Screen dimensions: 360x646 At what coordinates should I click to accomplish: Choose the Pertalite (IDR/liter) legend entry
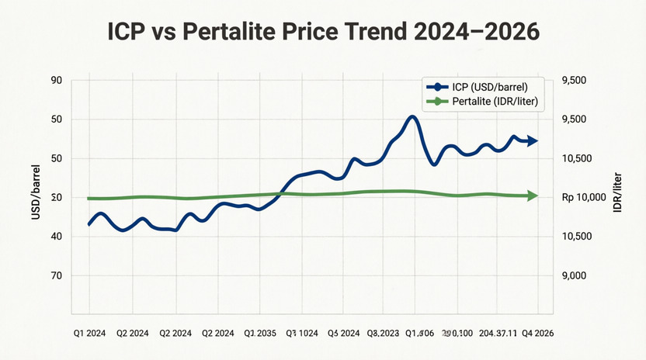coord(485,102)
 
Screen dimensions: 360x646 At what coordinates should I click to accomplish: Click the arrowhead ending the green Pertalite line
coord(533,196)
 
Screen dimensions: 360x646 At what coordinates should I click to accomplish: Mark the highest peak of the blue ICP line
coord(412,117)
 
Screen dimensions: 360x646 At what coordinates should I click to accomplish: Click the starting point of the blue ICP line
coord(89,224)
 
